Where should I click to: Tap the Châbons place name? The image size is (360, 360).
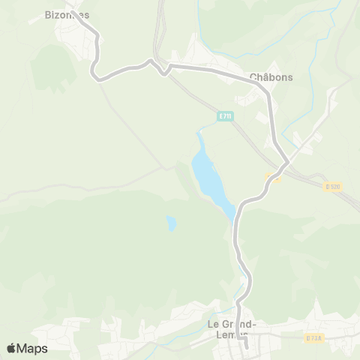pyautogui.click(x=271, y=76)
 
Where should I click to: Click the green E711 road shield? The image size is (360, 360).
pyautogui.click(x=226, y=115)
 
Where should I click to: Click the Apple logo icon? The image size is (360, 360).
pyautogui.click(x=11, y=348)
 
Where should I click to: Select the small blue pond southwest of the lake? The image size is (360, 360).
pyautogui.click(x=172, y=223)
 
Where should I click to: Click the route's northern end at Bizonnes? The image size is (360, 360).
pyautogui.click(x=73, y=9)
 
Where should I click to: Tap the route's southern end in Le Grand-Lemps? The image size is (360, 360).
pyautogui.click(x=246, y=346)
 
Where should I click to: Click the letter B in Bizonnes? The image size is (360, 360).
pyautogui.click(x=48, y=14)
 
